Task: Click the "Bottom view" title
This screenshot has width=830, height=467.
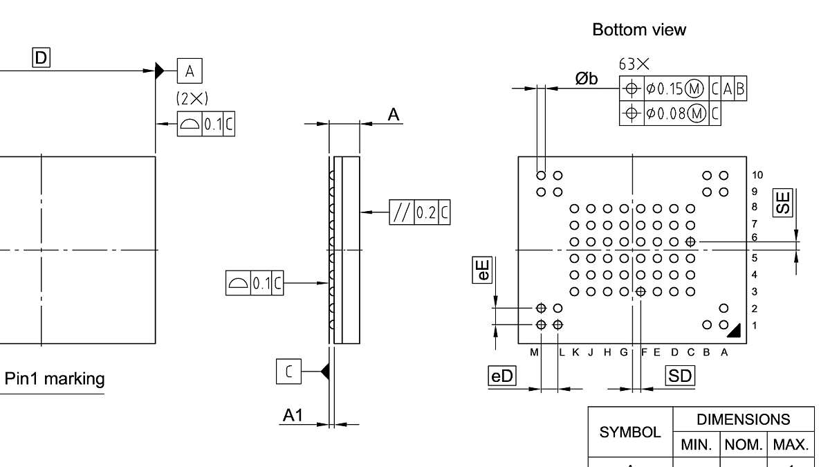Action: (x=639, y=30)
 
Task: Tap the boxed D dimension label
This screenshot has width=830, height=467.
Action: (x=41, y=59)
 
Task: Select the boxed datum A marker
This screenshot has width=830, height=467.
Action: (x=190, y=70)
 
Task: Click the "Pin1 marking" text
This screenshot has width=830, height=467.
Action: (x=55, y=379)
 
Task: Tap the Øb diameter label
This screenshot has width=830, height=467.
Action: (x=587, y=79)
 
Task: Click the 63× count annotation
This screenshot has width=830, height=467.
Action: (x=634, y=64)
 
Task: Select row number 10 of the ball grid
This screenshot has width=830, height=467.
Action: (x=757, y=175)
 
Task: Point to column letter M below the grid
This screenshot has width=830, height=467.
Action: (x=534, y=352)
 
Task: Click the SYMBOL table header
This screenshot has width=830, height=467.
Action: (x=630, y=432)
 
